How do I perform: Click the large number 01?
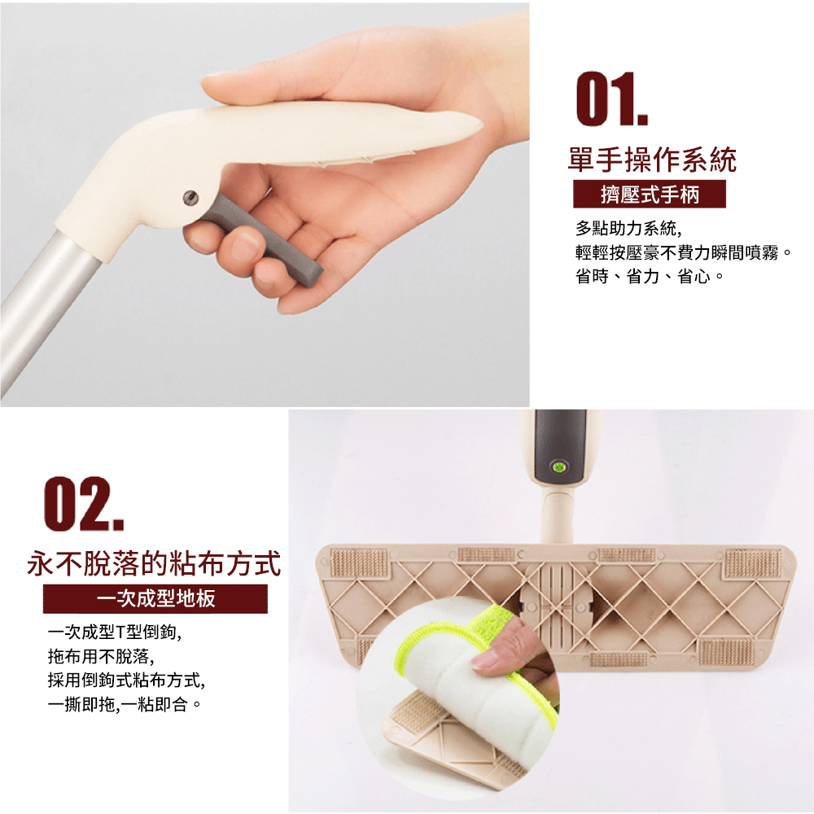coord(611,98)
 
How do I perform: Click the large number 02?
coord(84,504)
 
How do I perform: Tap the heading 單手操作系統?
coord(652,160)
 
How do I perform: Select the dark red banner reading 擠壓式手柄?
coord(649,195)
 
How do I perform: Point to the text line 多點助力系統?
coord(628,228)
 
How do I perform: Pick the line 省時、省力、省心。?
coord(650,276)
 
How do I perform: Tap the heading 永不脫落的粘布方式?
coord(154,563)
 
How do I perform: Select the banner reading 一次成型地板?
coord(155,598)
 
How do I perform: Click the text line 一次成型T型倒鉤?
coord(115,632)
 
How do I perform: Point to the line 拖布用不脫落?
coord(101,655)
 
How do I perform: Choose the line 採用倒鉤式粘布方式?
coord(126,680)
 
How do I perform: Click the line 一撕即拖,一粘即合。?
coord(124,704)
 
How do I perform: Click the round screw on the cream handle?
coord(190,197)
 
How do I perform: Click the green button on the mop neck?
coord(558,467)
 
